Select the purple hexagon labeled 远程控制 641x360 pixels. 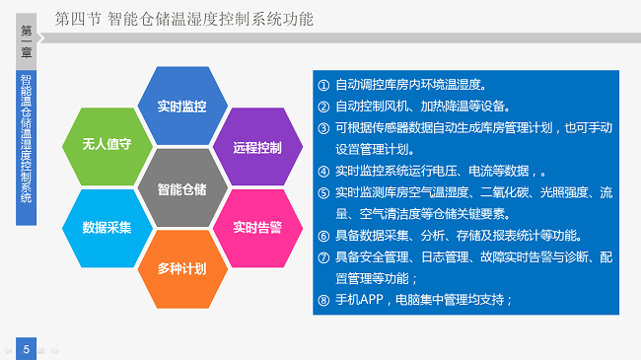point(257,147)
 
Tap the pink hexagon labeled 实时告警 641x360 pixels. point(257,227)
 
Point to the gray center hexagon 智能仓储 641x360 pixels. point(181,187)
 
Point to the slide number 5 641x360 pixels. point(27,345)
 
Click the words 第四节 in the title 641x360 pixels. point(76,18)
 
